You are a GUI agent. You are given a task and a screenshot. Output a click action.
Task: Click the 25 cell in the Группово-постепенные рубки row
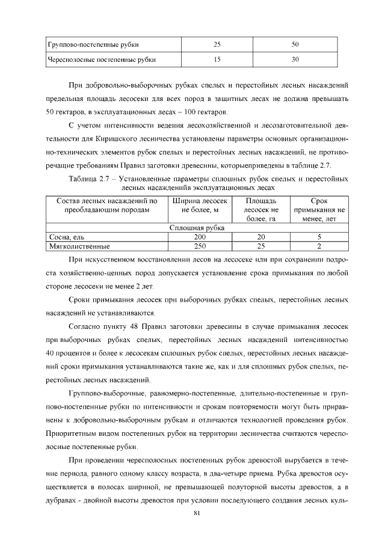pyautogui.click(x=217, y=44)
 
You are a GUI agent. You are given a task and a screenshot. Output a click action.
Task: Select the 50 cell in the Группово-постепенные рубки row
pyautogui.click(x=295, y=44)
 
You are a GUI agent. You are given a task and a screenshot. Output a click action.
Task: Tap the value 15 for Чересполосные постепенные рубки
pyautogui.click(x=217, y=60)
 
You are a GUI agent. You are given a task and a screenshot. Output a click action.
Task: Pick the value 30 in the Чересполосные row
pyautogui.click(x=295, y=60)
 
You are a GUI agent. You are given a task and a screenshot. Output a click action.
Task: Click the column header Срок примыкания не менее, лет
pyautogui.click(x=319, y=210)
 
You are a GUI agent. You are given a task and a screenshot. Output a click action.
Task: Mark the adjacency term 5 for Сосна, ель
pyautogui.click(x=319, y=237)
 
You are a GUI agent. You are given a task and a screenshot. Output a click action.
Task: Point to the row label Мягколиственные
pyautogui.click(x=74, y=246)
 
